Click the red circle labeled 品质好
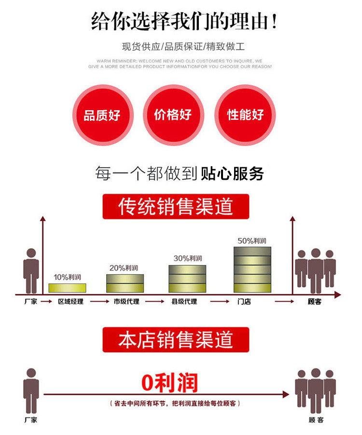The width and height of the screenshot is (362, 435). (102, 115)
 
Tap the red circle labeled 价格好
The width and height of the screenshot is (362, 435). (173, 115)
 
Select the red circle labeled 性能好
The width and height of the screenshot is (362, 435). (245, 115)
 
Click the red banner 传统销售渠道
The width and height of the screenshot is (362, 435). (176, 206)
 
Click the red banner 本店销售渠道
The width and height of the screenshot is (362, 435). (176, 339)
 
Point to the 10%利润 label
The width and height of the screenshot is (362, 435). (68, 277)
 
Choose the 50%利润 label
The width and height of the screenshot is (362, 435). (252, 240)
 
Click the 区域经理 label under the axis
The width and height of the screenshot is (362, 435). (70, 302)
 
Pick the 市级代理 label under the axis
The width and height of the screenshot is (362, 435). (126, 302)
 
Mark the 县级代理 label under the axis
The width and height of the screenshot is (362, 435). (184, 302)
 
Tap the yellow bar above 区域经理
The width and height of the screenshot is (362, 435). (68, 288)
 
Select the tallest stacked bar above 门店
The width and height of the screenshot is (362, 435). (252, 269)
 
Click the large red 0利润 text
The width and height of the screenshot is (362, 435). (169, 383)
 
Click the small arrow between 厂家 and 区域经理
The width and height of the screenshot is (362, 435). (46, 302)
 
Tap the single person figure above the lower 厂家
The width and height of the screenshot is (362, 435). (31, 390)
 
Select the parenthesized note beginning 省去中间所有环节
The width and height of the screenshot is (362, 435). (176, 403)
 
